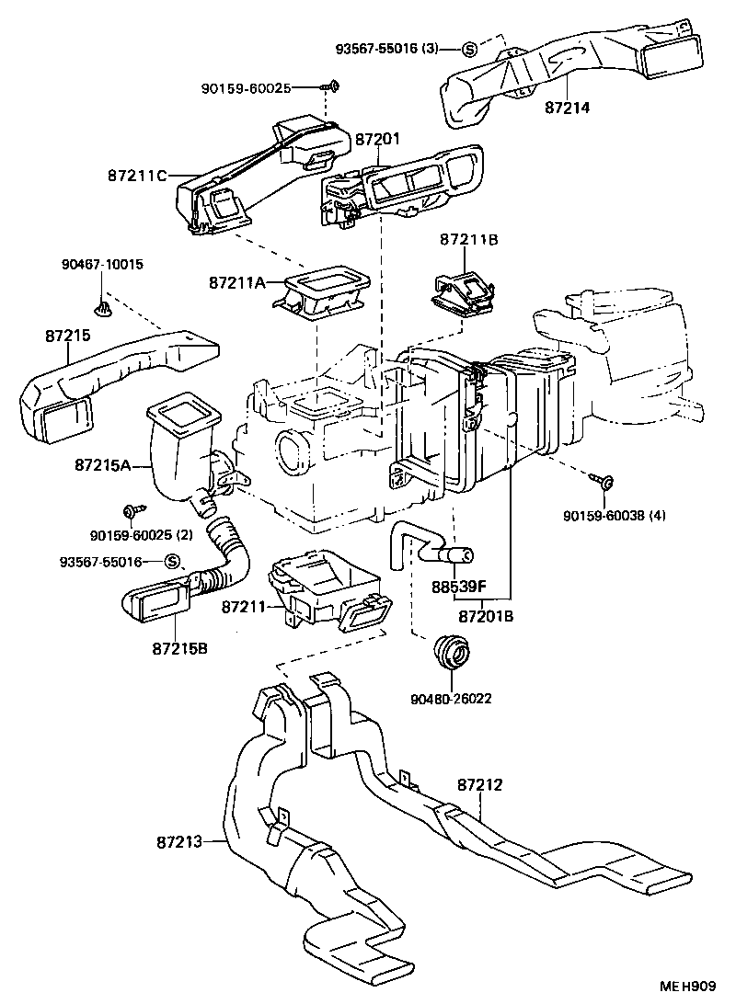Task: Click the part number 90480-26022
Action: click(x=452, y=698)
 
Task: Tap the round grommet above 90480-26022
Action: click(x=452, y=653)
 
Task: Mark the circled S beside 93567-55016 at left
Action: click(x=170, y=562)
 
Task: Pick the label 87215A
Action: click(x=105, y=466)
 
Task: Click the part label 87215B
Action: click(x=180, y=647)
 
